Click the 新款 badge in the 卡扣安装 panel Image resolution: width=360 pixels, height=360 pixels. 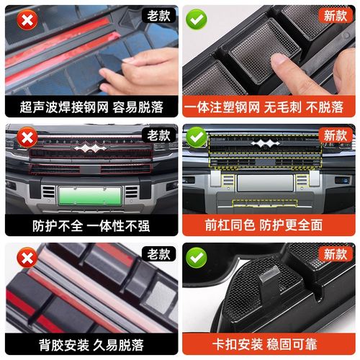[335, 254]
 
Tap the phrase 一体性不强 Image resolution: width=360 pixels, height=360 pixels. [119, 225]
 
